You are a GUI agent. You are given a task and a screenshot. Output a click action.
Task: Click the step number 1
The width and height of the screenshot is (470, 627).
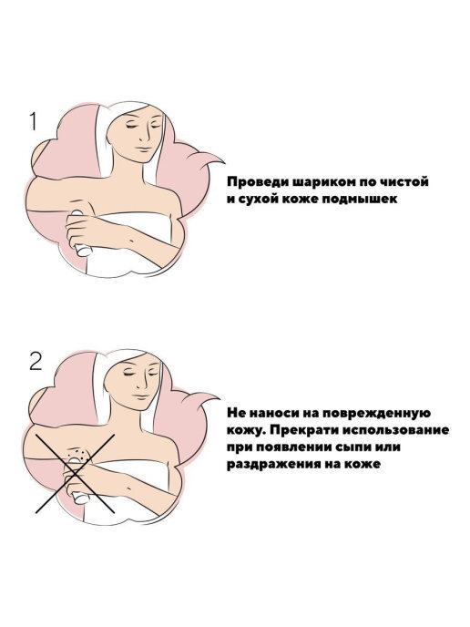pos(34,121)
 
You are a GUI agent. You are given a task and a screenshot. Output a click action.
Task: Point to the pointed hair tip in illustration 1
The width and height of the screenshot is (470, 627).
pos(223,163)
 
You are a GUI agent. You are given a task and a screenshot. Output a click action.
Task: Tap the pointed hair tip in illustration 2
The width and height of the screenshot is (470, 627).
pos(218,398)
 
